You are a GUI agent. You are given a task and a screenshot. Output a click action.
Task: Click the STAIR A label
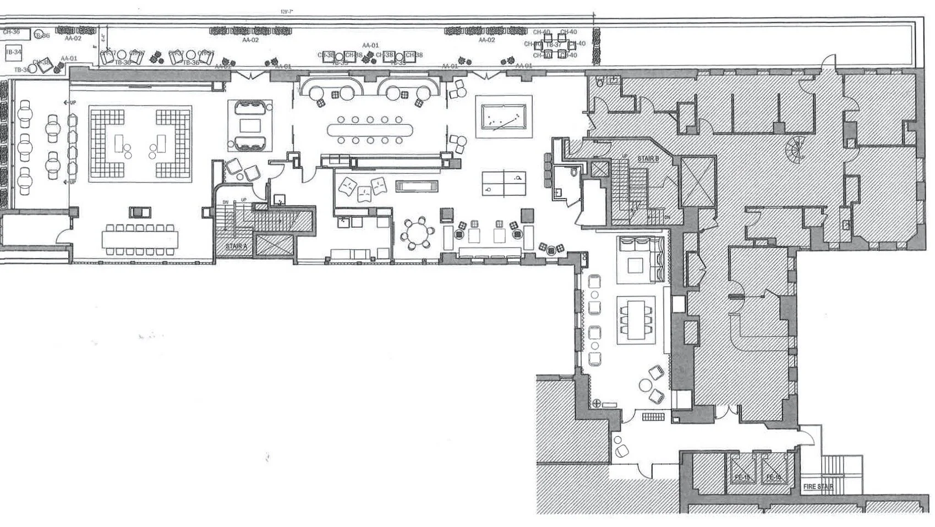(x=236, y=246)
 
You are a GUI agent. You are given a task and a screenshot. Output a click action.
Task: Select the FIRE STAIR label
(x=818, y=487)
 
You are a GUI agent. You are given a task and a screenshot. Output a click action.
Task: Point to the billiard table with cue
(x=504, y=117)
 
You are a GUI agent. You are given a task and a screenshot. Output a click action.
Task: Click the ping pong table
(x=504, y=183)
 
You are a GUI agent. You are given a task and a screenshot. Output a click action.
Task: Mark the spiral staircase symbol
(x=796, y=147)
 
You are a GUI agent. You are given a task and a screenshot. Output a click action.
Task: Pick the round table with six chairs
(x=417, y=234)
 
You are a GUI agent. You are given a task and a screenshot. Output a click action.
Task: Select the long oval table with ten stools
(x=370, y=130)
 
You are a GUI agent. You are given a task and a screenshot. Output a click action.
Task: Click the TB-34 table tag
(x=13, y=52)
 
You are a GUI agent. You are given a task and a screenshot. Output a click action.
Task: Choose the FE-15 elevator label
(x=742, y=477)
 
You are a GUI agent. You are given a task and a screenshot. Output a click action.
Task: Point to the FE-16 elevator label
(x=774, y=477)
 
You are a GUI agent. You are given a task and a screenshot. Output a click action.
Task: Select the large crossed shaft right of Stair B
(x=698, y=181)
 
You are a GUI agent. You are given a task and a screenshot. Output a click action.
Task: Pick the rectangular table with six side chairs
(x=636, y=320)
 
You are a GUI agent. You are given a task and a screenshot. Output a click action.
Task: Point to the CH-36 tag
(x=12, y=32)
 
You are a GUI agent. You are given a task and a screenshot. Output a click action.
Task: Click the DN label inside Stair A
(x=225, y=202)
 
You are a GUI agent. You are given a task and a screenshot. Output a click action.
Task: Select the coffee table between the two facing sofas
(x=250, y=125)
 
